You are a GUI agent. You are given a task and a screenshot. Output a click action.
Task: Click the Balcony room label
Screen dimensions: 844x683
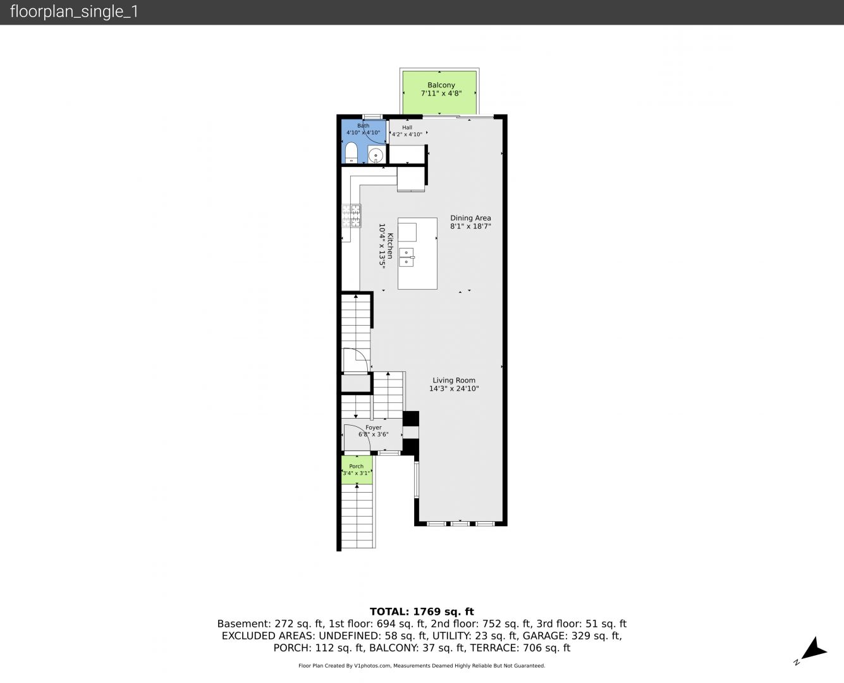pyautogui.click(x=441, y=85)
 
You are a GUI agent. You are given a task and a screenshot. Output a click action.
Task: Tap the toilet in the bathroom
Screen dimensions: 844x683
pyautogui.click(x=351, y=153)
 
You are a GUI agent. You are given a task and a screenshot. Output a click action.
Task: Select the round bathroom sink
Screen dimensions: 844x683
pyautogui.click(x=375, y=154)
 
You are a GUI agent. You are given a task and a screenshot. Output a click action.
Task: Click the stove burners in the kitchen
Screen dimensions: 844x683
pyautogui.click(x=352, y=215)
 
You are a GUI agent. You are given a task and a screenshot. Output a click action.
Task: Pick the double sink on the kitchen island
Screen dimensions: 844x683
pyautogui.click(x=406, y=257)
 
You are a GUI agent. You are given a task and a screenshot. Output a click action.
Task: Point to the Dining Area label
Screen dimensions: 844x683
pyautogui.click(x=470, y=218)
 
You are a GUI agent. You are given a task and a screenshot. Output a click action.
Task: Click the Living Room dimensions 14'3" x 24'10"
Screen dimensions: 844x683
pyautogui.click(x=454, y=388)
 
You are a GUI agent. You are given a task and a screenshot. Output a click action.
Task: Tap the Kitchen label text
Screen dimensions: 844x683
pyautogui.click(x=390, y=246)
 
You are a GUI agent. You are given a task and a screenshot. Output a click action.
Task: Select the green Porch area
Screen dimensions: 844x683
pyautogui.click(x=357, y=470)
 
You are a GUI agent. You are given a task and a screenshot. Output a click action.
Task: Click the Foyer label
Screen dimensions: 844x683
pyautogui.click(x=373, y=428)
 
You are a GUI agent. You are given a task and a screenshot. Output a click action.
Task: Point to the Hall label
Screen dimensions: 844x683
pyautogui.click(x=407, y=127)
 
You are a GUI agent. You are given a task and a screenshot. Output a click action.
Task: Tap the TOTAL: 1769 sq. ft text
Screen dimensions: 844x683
pyautogui.click(x=422, y=612)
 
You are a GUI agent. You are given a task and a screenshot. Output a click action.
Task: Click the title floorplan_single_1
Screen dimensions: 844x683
pyautogui.click(x=74, y=12)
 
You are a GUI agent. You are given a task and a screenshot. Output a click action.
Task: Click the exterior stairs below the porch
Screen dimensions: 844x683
pyautogui.click(x=357, y=516)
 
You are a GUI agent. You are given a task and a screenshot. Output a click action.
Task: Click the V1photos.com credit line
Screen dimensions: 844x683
pyautogui.click(x=422, y=666)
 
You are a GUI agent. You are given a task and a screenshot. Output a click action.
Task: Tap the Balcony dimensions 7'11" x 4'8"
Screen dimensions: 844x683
pyautogui.click(x=441, y=94)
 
